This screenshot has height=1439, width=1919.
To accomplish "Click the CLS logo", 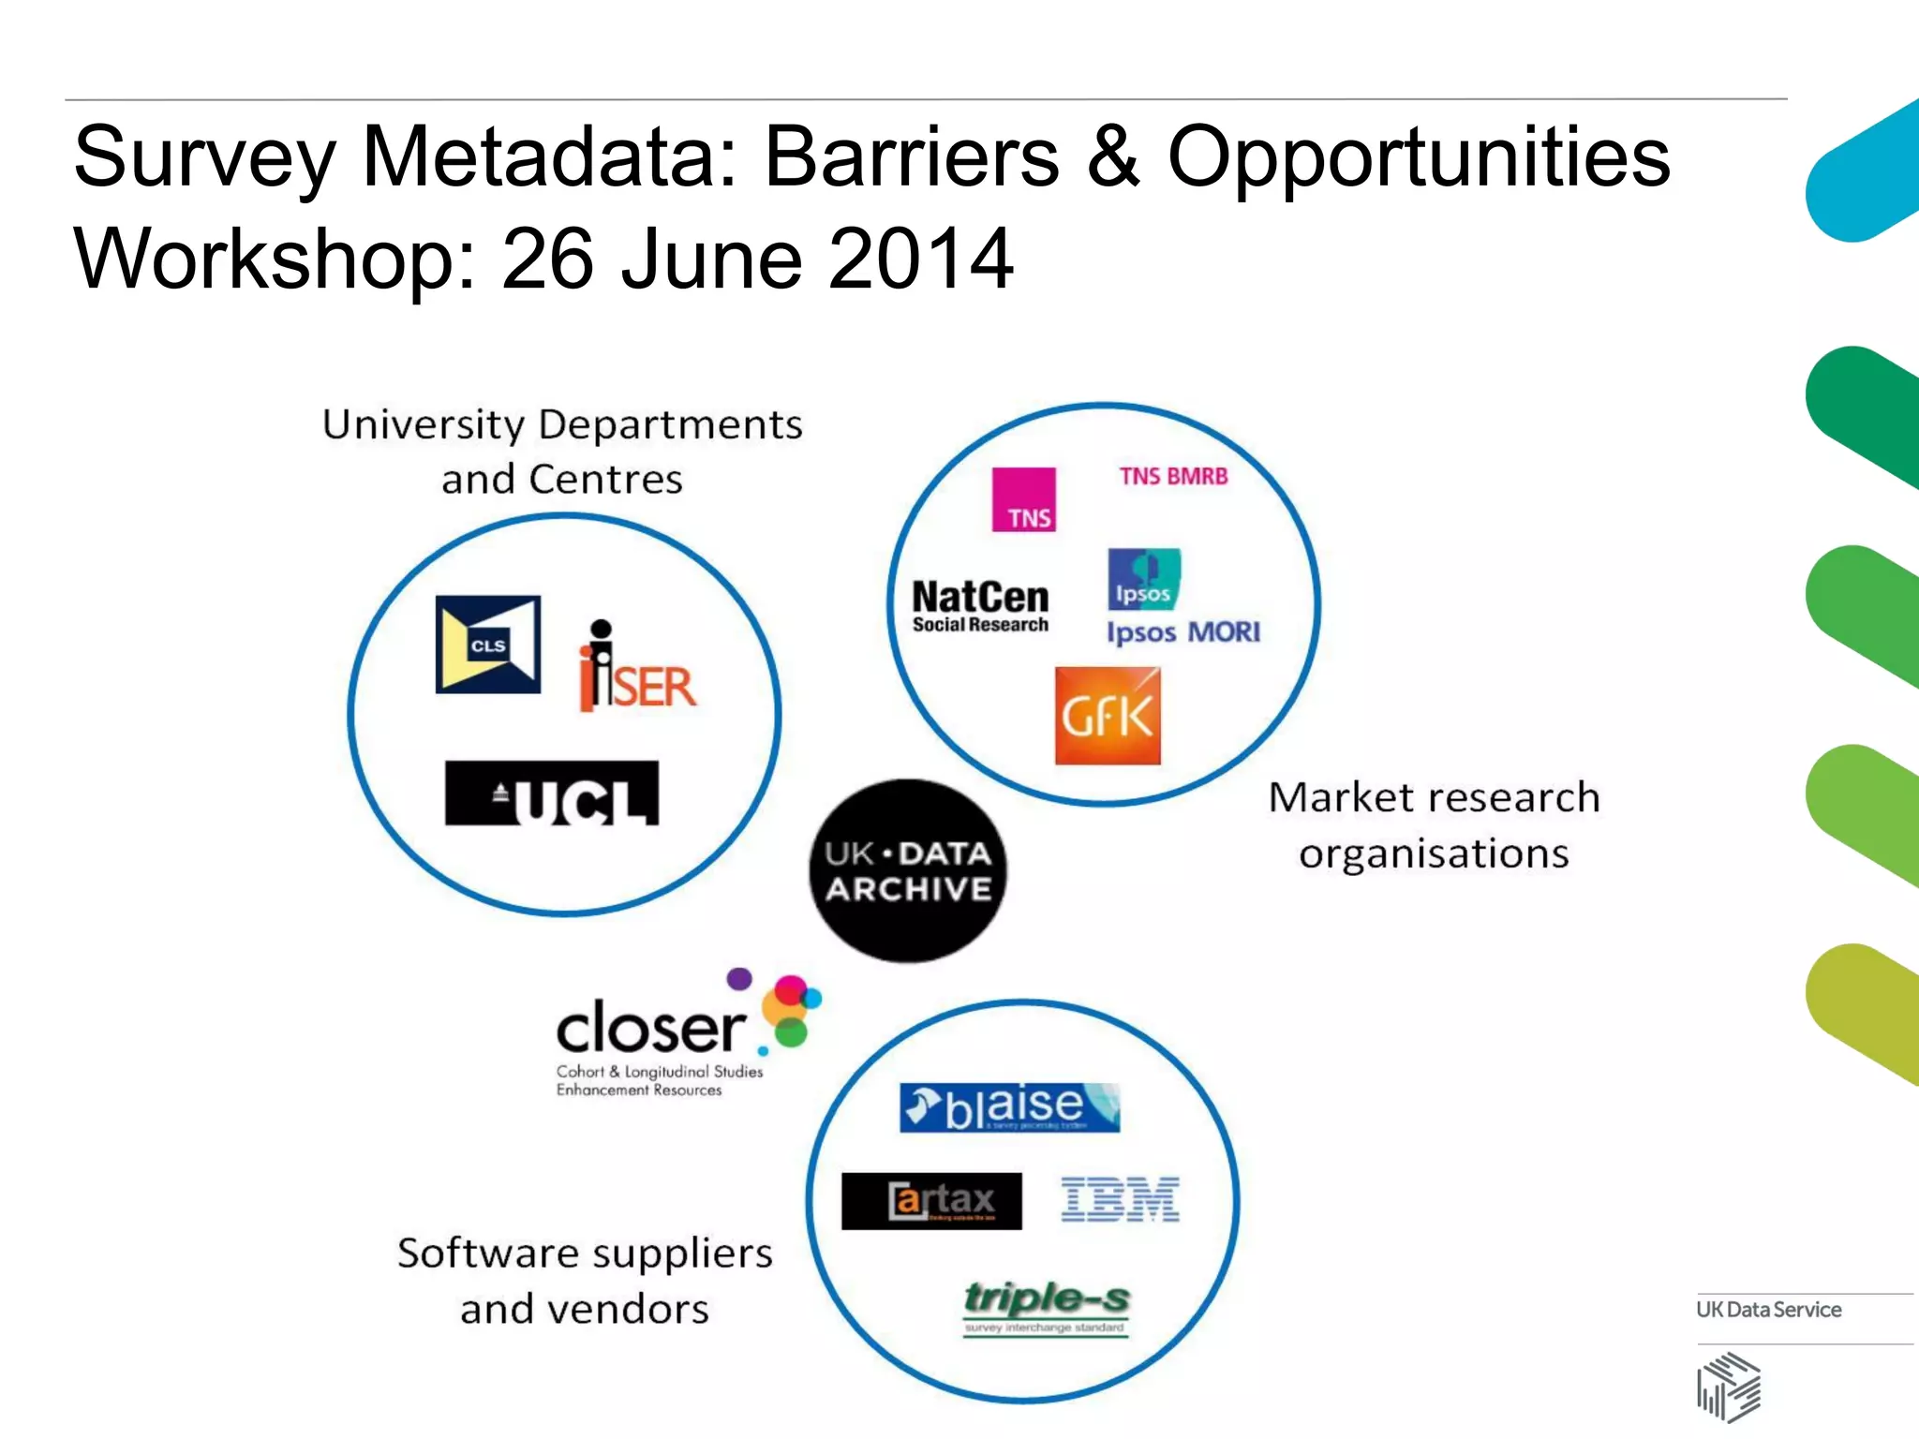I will [x=488, y=645].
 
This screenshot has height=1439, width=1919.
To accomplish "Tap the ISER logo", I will [x=637, y=668].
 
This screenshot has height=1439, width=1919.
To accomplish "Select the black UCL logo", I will [x=552, y=794].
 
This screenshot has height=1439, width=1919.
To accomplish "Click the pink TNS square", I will [x=1024, y=499].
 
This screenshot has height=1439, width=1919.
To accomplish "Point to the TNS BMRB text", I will [x=1173, y=477].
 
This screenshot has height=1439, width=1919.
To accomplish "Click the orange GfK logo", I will [x=1108, y=717].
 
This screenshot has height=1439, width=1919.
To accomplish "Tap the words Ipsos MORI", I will [x=1183, y=632].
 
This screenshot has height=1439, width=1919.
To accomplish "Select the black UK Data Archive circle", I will [x=907, y=870].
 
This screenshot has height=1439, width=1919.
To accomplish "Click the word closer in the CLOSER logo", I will [x=650, y=1029].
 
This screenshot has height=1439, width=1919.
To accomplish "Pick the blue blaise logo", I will [x=1010, y=1107].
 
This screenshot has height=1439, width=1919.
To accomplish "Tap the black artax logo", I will [x=931, y=1201].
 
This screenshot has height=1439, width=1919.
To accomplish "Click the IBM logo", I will [x=1121, y=1200].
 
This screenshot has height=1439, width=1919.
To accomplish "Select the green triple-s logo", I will [x=1047, y=1303].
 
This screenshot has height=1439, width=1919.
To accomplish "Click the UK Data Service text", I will [x=1768, y=1310].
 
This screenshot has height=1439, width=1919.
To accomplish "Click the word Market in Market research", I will [x=1342, y=797].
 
